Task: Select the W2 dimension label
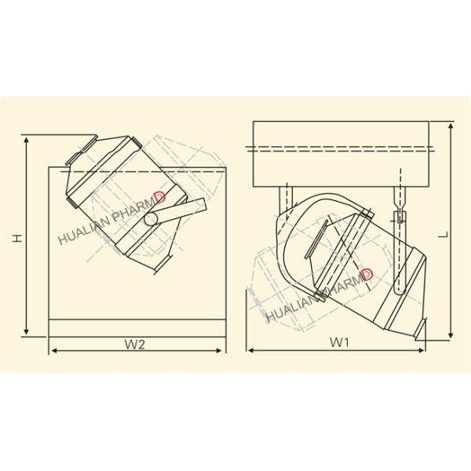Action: click(136, 343)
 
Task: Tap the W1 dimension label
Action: click(338, 342)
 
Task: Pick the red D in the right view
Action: click(367, 275)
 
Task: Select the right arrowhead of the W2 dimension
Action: click(224, 349)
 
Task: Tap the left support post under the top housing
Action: click(287, 196)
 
